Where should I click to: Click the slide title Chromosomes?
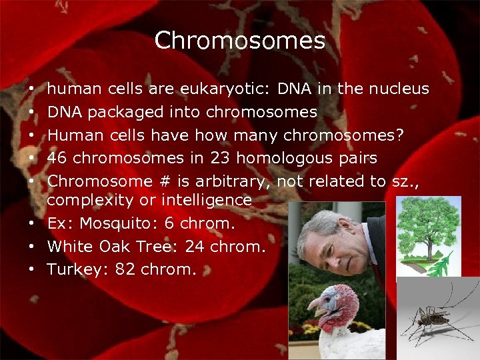(239, 41)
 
